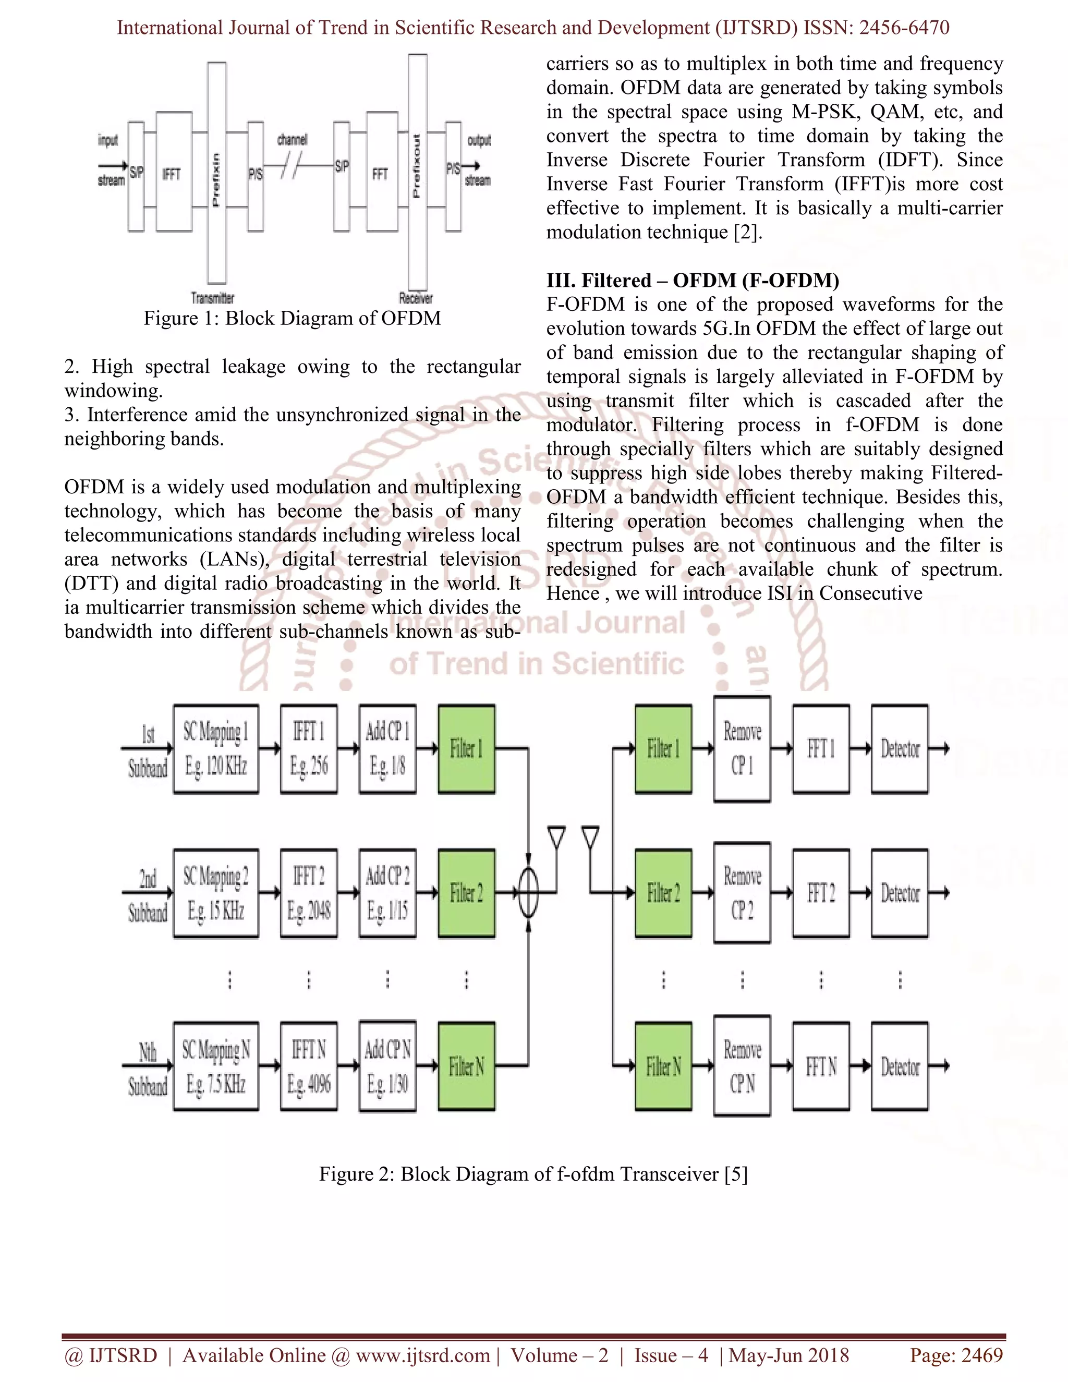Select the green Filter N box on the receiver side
click(663, 1067)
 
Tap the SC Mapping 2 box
click(216, 893)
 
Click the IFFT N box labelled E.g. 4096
click(309, 1067)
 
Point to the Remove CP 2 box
click(742, 893)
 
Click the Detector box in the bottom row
click(900, 1067)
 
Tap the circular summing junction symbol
click(528, 893)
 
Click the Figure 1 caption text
click(292, 318)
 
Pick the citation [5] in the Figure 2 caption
click(736, 1174)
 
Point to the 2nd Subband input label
click(148, 895)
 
